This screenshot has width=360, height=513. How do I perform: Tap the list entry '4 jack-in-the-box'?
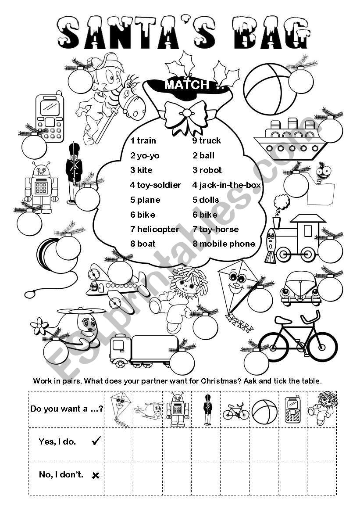(x=226, y=185)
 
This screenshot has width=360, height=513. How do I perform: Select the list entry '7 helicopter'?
(x=155, y=229)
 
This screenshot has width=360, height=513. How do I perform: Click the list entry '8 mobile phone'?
(x=224, y=244)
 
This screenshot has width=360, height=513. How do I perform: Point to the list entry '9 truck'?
(x=207, y=140)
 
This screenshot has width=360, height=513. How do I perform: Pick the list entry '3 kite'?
(x=141, y=170)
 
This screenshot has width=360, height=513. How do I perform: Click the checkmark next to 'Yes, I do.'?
(x=96, y=442)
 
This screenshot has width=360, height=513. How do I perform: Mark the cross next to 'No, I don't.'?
(x=96, y=475)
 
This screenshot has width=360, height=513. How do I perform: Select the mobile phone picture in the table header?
(x=292, y=409)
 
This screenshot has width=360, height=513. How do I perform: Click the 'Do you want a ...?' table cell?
(x=67, y=409)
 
